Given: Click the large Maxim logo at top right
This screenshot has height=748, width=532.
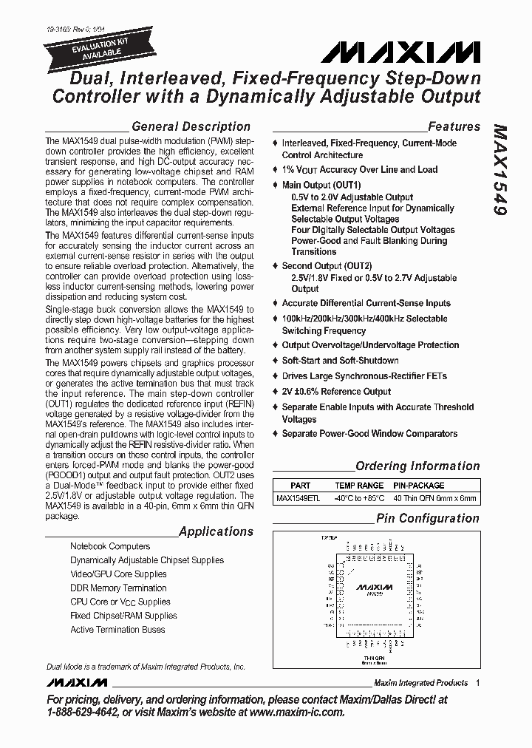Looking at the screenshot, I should (x=406, y=52).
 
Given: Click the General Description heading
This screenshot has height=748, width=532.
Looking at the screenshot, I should (x=190, y=126).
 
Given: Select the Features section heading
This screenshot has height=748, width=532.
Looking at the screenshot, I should (x=454, y=126).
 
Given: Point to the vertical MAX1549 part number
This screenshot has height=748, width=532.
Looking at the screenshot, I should (x=499, y=169).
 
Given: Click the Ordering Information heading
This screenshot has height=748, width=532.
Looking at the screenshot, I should (x=417, y=466).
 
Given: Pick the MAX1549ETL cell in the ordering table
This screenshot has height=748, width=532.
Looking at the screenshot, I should (x=299, y=498).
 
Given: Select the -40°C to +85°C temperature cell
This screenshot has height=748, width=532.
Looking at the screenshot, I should (x=358, y=498).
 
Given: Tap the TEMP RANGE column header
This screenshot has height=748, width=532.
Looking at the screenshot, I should (x=358, y=486).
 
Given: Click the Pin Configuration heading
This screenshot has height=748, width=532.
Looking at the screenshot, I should (x=427, y=518).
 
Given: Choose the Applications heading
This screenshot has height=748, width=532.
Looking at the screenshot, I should (x=216, y=531).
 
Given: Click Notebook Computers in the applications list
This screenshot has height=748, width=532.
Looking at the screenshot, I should (x=110, y=546).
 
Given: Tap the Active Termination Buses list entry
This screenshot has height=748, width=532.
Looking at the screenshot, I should (x=117, y=630).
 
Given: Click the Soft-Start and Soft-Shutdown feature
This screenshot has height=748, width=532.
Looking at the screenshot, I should (x=340, y=361).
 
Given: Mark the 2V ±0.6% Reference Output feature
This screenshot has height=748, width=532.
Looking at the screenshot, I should (x=336, y=392).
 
